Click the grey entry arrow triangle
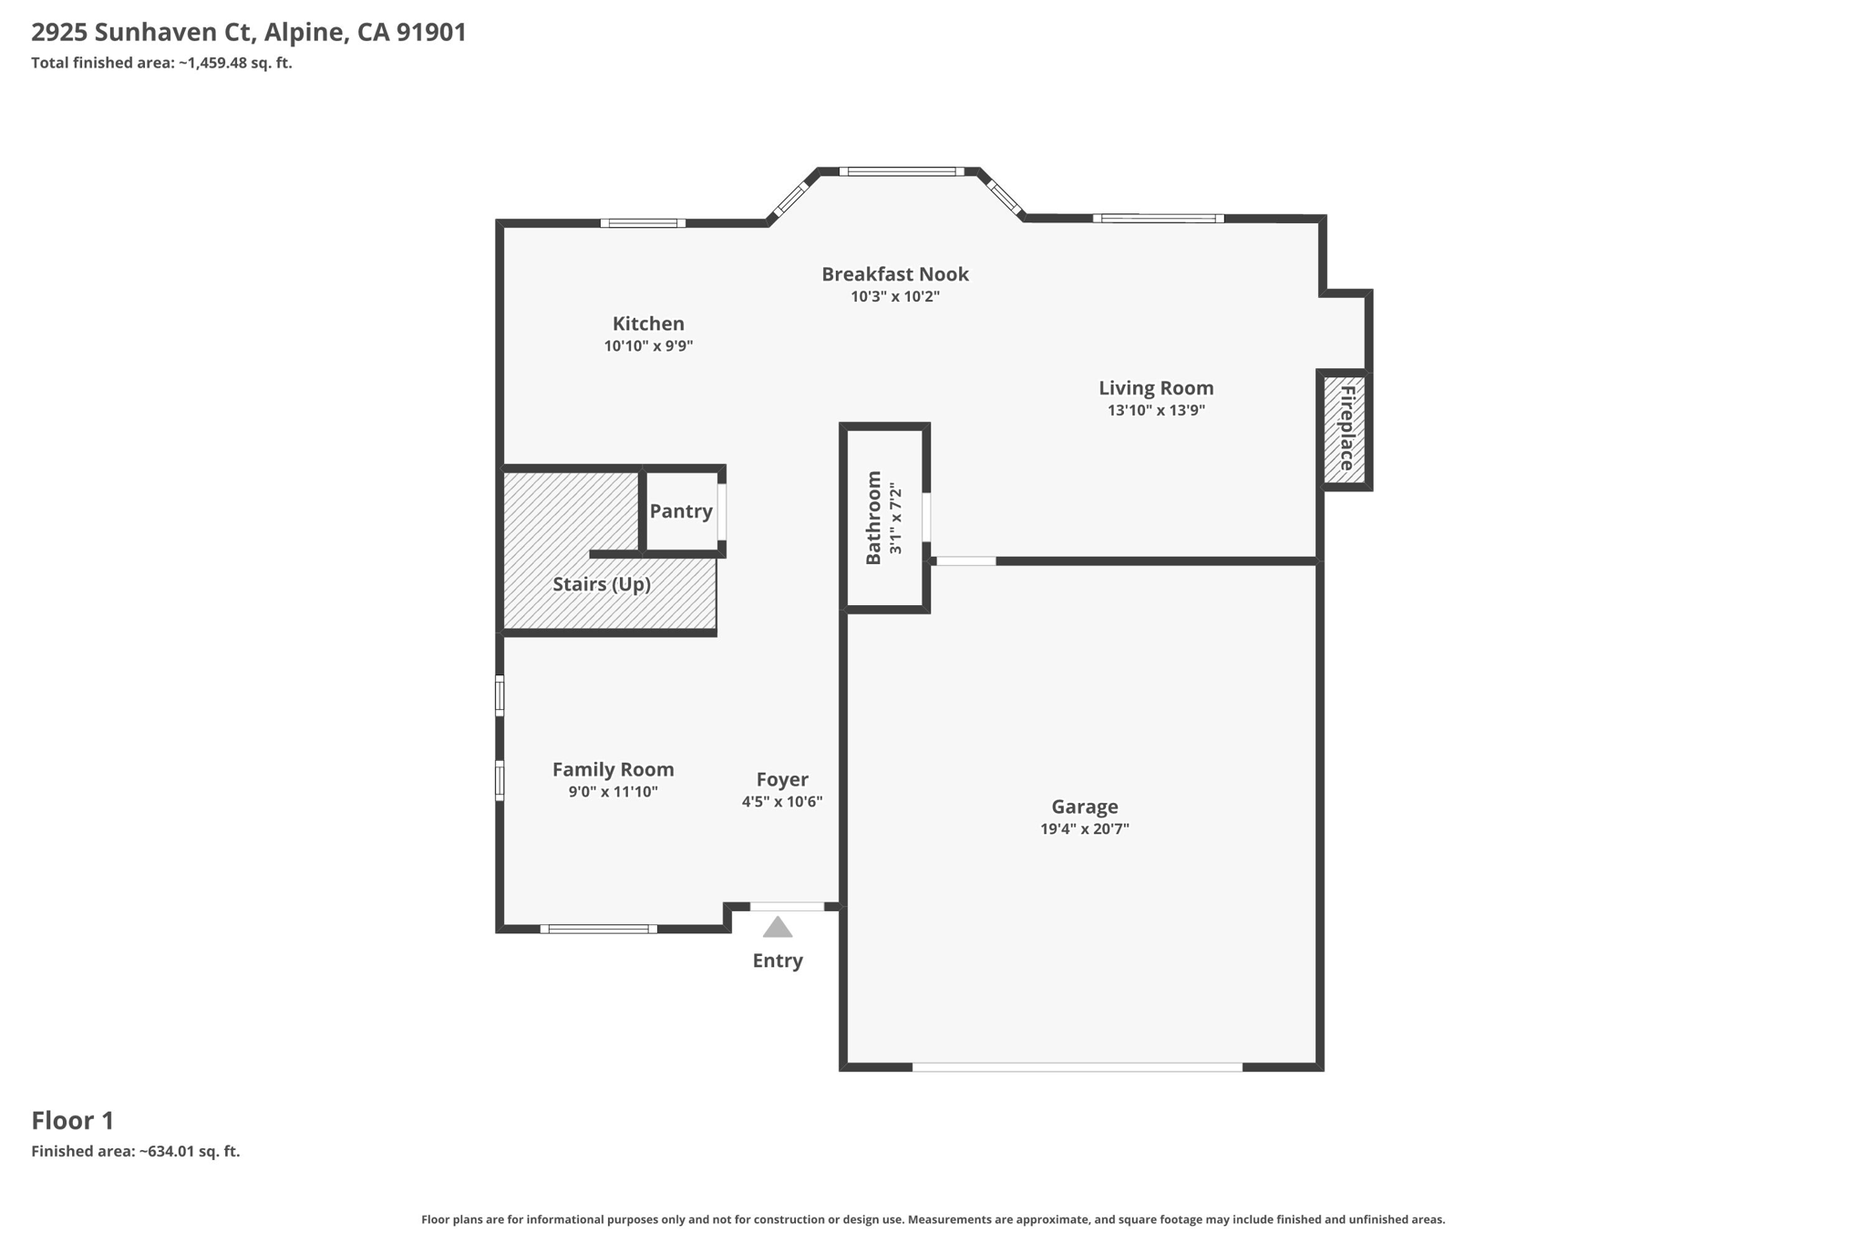(x=778, y=928)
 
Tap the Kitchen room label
(x=648, y=324)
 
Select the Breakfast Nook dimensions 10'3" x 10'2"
(x=895, y=296)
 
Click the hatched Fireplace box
(x=1345, y=428)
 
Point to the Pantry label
(x=681, y=511)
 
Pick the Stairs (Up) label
(x=602, y=584)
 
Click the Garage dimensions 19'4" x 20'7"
(x=1085, y=829)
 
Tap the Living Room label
(x=1156, y=388)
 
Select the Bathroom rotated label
(x=873, y=518)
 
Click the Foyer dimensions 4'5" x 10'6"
(x=782, y=802)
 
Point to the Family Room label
(x=614, y=770)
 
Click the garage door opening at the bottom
(x=1078, y=1066)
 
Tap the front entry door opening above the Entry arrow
(x=787, y=906)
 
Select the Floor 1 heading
(x=73, y=1121)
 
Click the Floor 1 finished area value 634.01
(x=170, y=1151)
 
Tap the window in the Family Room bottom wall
(x=598, y=929)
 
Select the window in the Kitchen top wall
(x=643, y=223)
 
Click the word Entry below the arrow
(x=778, y=961)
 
